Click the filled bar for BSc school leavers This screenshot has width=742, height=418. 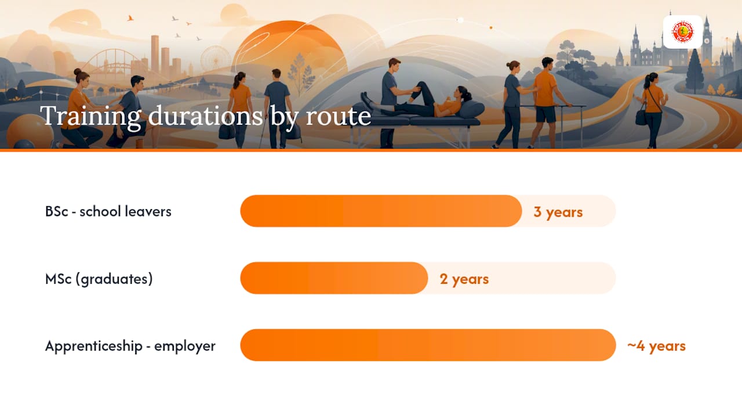coord(381,211)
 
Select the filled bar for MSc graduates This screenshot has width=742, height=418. coord(334,278)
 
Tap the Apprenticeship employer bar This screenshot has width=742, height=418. coord(428,345)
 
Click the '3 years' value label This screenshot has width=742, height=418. coord(558,212)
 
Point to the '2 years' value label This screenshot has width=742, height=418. coord(464,279)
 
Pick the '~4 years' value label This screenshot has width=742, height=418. coord(656,346)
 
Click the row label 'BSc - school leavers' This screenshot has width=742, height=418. coord(108,211)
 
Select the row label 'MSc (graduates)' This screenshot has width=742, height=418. coord(99,279)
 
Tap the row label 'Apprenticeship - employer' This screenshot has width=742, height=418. coord(130,346)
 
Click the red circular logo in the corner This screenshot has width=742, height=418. coord(683,32)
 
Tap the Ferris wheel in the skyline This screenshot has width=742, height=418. coord(215,58)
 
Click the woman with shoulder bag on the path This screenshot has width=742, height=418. coord(652,110)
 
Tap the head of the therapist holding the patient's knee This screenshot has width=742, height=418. coord(394,65)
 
